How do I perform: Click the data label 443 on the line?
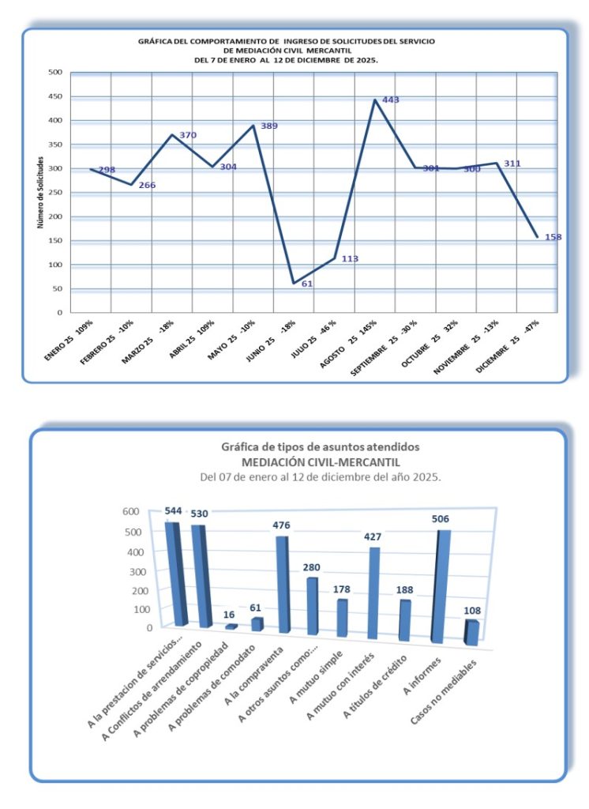tap(391, 100)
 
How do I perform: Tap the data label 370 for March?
tap(188, 135)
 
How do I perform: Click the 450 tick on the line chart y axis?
tap(54, 96)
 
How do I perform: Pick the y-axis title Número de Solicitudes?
tap(39, 193)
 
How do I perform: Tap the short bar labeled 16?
tap(231, 627)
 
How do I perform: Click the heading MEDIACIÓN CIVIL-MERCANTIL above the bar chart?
tap(320, 462)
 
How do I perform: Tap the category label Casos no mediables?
tap(444, 687)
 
